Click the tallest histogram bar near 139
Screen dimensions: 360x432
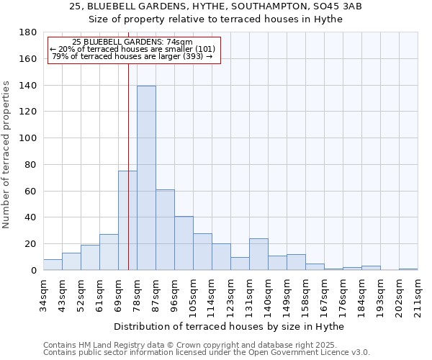(146, 178)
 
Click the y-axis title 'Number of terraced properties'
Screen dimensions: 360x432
(7, 155)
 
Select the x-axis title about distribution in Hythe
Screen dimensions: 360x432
(230, 326)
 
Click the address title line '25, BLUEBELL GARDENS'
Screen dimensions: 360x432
(216, 6)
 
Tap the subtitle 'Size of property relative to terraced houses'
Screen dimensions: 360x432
(216, 19)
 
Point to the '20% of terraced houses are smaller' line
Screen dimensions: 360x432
(132, 49)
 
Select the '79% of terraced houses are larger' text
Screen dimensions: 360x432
(132, 56)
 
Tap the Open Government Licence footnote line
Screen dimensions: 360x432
(206, 352)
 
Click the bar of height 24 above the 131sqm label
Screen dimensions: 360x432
(258, 254)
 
